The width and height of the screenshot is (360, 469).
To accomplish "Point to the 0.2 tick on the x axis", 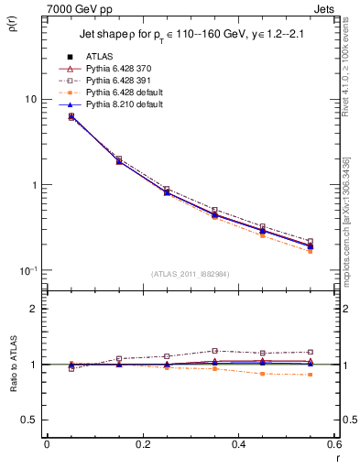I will pos(142,444).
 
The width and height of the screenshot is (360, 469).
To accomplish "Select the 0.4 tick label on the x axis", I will pos(237,444).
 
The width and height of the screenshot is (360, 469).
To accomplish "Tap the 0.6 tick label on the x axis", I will pos(333,444).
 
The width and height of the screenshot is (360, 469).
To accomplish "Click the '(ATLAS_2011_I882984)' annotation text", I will pos(190,274).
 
